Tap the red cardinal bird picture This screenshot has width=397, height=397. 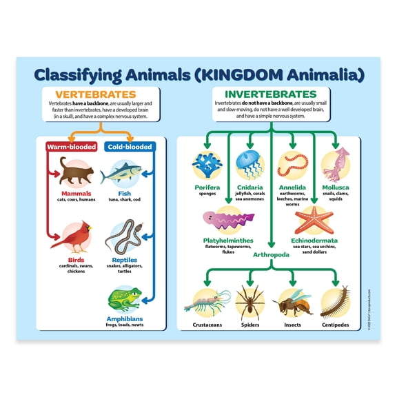click(x=70, y=236)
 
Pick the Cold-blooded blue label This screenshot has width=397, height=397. click(x=129, y=146)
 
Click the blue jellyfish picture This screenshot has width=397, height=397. click(x=248, y=164)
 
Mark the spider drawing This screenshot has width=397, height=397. click(x=250, y=301)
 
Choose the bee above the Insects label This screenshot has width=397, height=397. click(x=292, y=302)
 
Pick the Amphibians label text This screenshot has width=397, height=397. click(x=125, y=319)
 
